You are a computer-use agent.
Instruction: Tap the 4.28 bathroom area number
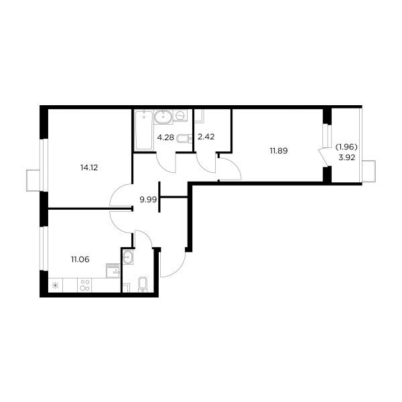[x=164, y=139]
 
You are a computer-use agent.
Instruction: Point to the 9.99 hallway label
[x=147, y=199]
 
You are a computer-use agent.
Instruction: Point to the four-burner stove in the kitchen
[x=86, y=285]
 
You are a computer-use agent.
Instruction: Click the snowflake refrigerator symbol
[x=56, y=285]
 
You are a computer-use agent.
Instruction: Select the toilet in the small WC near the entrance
[x=142, y=285]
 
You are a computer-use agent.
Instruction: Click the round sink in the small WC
[x=127, y=255]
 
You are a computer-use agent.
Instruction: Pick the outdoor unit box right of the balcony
[x=367, y=168]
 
